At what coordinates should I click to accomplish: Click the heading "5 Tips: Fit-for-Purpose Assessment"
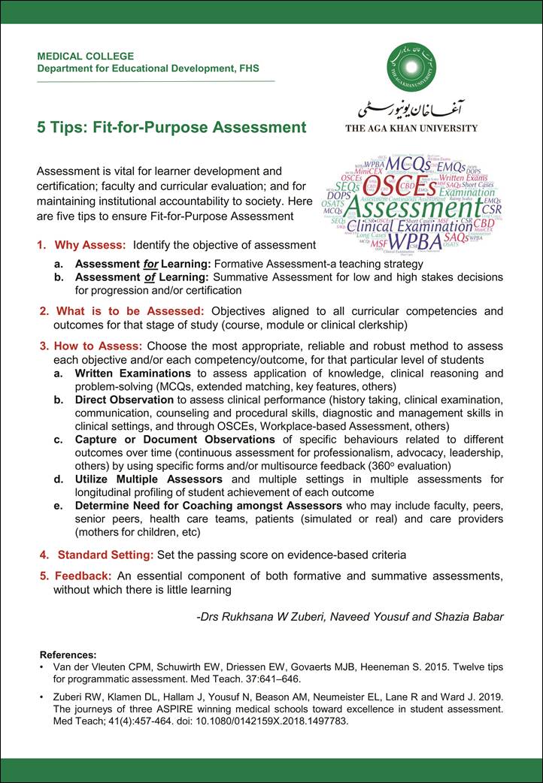[x=172, y=127]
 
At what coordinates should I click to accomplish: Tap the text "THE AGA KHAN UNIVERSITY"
[x=411, y=128]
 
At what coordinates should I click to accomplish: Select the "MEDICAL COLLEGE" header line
[x=86, y=56]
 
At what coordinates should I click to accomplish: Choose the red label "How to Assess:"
[x=98, y=346]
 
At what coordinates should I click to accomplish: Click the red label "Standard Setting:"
[x=105, y=555]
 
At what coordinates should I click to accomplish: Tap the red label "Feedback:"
[x=83, y=576]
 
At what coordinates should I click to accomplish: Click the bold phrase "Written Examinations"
[x=132, y=373]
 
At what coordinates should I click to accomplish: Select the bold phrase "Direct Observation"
[x=124, y=400]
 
